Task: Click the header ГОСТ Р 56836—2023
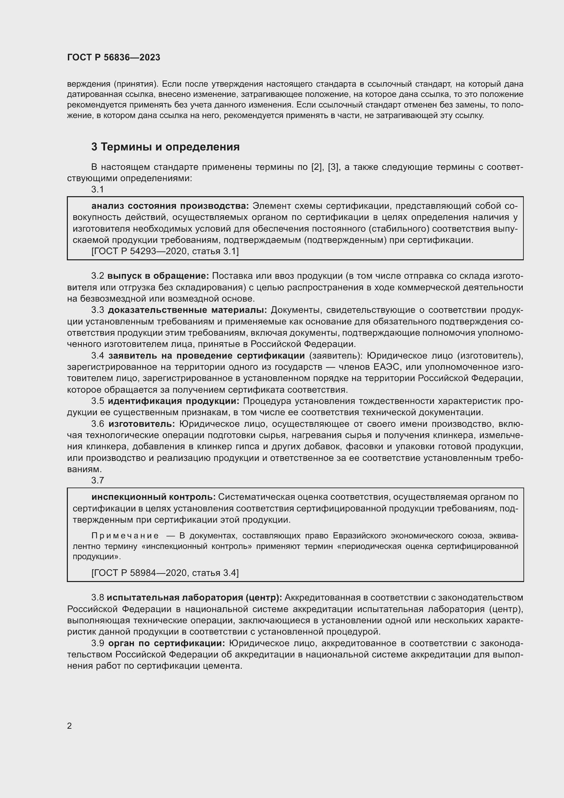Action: coord(114,57)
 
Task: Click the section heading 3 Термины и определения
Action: coord(165,147)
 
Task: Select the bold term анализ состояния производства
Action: coord(170,206)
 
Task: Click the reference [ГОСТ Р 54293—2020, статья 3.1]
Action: coord(165,251)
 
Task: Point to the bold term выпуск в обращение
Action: coord(158,276)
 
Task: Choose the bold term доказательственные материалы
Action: coord(187,310)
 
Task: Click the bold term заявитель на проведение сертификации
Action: coord(206,356)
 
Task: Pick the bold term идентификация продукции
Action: coord(173,401)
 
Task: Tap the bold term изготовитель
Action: coord(142,424)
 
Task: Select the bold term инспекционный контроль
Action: coord(153,497)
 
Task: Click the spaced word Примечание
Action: coord(125,536)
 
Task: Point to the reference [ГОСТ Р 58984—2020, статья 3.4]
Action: coord(165,573)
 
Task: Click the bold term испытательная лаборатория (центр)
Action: coord(194,597)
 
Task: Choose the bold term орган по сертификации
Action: coord(167,643)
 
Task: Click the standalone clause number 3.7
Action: coord(98,480)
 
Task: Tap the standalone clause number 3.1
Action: coord(98,189)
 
